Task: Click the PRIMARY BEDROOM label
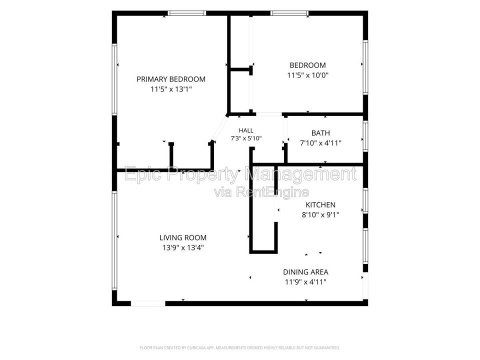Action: pyautogui.click(x=171, y=79)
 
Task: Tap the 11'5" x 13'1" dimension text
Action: pyautogui.click(x=171, y=89)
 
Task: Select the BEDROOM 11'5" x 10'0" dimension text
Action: pyautogui.click(x=307, y=75)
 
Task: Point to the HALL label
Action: pyautogui.click(x=246, y=130)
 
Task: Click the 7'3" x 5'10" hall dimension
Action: pyautogui.click(x=246, y=138)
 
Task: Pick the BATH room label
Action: pyautogui.click(x=320, y=133)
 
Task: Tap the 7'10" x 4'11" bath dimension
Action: pyautogui.click(x=320, y=143)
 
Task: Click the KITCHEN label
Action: pyautogui.click(x=320, y=205)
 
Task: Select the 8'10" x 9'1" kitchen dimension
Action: pyautogui.click(x=320, y=215)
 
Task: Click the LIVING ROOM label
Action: pyautogui.click(x=183, y=237)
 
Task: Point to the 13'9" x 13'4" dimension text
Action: pyautogui.click(x=183, y=247)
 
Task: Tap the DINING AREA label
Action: pyautogui.click(x=305, y=272)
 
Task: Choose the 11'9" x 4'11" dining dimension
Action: pyautogui.click(x=305, y=282)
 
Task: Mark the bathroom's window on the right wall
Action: pyautogui.click(x=365, y=136)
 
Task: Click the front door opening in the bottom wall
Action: pyautogui.click(x=148, y=303)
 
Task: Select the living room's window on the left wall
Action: pyautogui.click(x=114, y=240)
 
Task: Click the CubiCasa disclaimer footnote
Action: pyautogui.click(x=239, y=348)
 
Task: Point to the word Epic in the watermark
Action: pyautogui.click(x=143, y=174)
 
